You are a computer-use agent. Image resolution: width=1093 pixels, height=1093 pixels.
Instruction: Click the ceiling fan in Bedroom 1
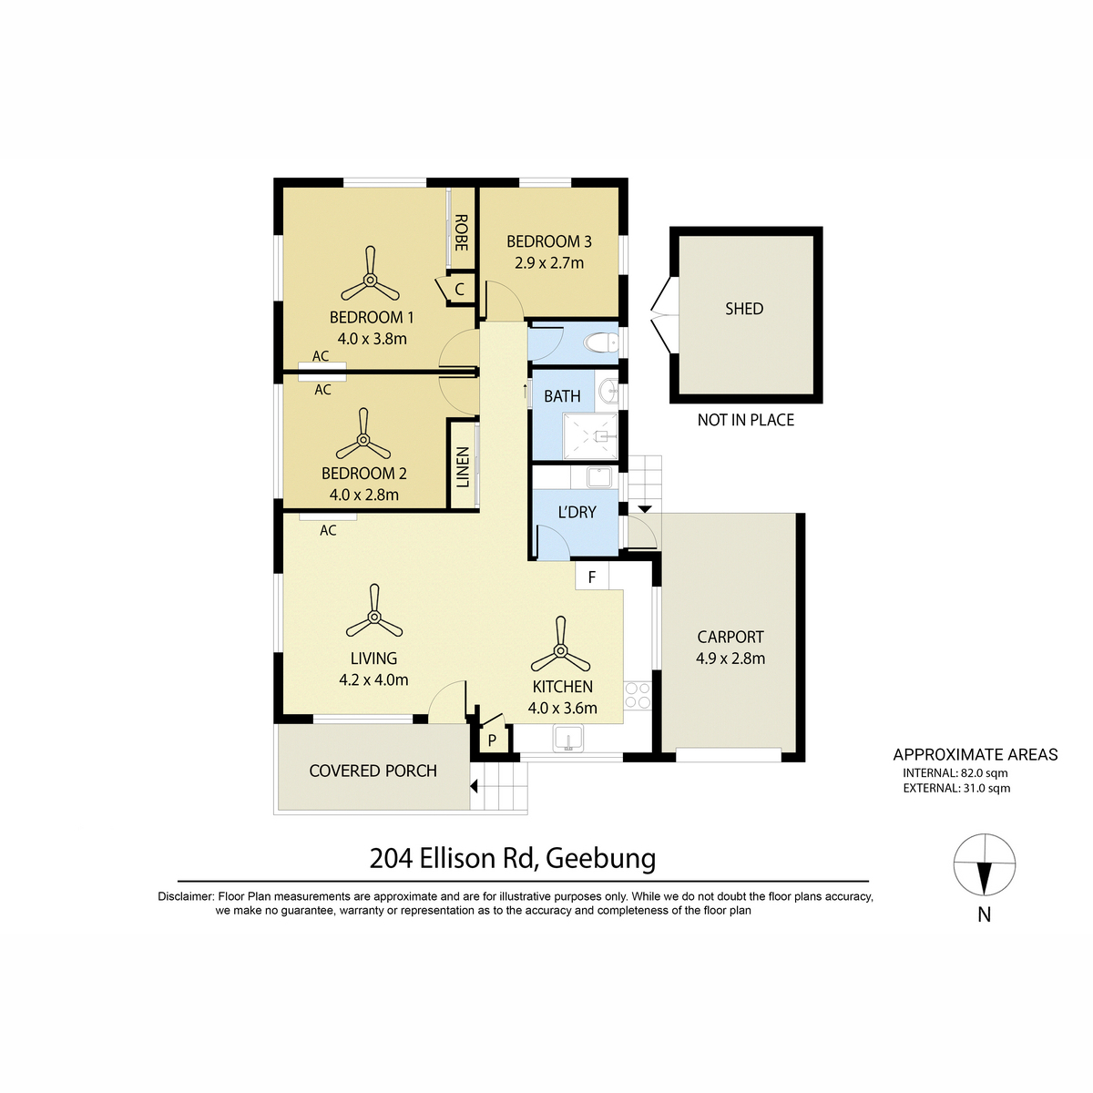click(370, 280)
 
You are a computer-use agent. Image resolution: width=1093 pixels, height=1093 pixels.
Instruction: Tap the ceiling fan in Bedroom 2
click(363, 439)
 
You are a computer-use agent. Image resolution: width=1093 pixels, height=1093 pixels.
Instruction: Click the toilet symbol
click(601, 342)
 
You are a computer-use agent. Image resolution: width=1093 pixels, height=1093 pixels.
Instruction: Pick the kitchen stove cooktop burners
click(638, 695)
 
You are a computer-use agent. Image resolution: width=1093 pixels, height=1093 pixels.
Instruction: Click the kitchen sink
click(568, 740)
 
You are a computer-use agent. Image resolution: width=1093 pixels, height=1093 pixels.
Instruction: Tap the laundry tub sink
click(598, 477)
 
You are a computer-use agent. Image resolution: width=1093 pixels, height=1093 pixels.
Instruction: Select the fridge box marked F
click(592, 577)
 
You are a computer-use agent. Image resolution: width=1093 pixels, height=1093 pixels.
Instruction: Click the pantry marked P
click(492, 740)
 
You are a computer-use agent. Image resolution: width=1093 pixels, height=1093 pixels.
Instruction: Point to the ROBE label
click(461, 232)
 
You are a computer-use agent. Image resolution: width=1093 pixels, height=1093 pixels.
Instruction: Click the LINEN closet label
click(463, 467)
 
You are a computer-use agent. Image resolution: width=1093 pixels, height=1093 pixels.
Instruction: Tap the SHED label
click(744, 309)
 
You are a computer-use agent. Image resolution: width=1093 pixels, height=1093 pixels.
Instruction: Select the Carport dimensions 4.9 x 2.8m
click(730, 659)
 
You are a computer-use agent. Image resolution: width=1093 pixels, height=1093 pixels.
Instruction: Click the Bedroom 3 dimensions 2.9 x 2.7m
click(549, 263)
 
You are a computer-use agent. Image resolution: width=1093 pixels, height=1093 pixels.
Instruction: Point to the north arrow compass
click(984, 865)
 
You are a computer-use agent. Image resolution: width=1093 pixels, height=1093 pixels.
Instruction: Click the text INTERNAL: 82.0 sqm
click(955, 772)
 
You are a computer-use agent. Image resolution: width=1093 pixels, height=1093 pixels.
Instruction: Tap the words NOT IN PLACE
click(745, 420)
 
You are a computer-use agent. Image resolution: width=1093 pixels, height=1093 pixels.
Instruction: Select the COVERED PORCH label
click(373, 771)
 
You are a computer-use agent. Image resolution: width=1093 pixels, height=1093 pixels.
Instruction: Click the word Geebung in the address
click(600, 858)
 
